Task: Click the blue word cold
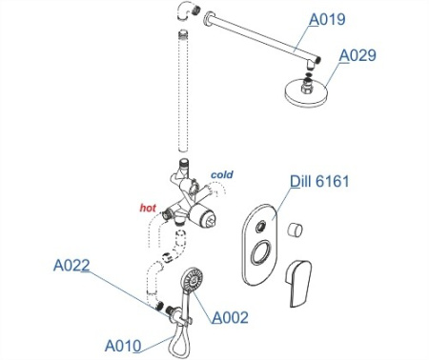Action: click(x=221, y=174)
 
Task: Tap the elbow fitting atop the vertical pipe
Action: click(x=183, y=13)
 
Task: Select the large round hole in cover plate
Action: click(x=256, y=255)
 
